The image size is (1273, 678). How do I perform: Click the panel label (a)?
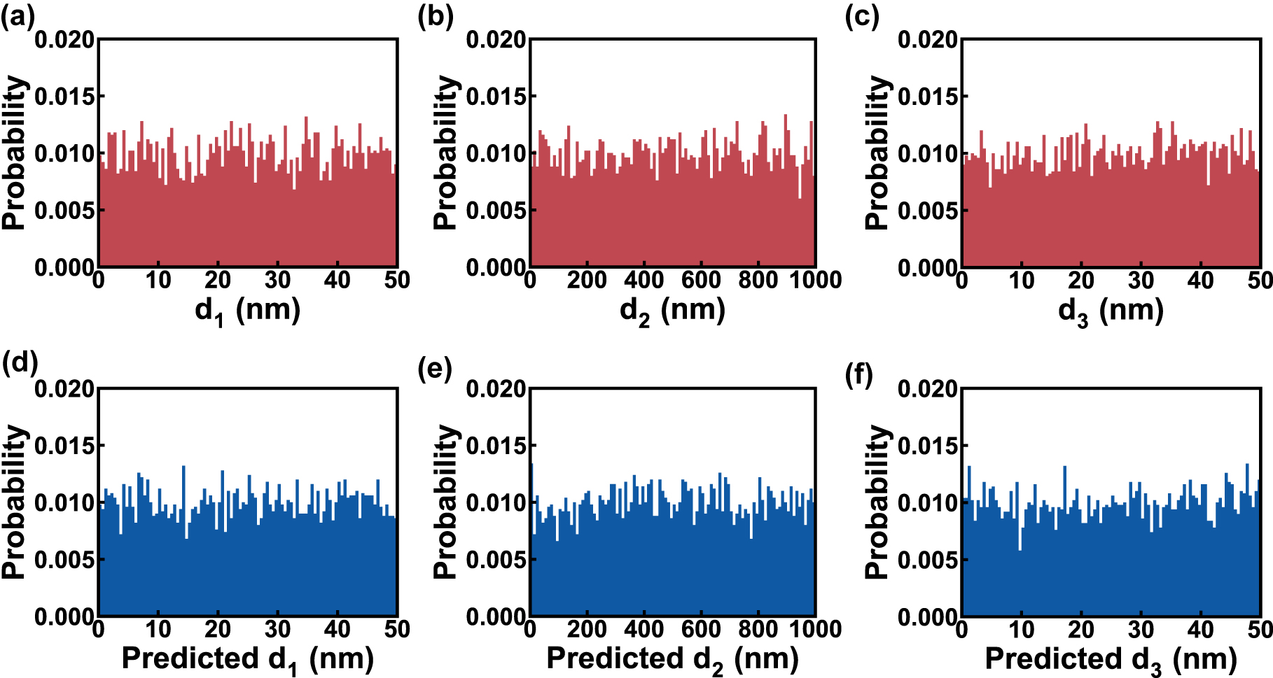(18, 16)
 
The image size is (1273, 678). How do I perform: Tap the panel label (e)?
(435, 367)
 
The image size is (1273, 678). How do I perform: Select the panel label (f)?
(858, 376)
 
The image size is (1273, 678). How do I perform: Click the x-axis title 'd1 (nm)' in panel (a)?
(248, 310)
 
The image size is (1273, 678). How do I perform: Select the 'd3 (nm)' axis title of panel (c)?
(1111, 310)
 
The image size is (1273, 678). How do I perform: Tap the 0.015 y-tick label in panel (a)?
(64, 97)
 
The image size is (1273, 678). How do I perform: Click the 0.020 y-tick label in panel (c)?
(928, 40)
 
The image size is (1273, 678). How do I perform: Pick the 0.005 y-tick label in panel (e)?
(496, 560)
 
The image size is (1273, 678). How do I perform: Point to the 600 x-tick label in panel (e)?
(700, 630)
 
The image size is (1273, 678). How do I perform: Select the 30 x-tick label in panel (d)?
(277, 630)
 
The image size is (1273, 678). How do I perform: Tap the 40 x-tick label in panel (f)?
(1200, 630)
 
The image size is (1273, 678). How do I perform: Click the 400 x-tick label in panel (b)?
(644, 281)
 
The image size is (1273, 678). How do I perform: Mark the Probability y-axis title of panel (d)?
(14, 502)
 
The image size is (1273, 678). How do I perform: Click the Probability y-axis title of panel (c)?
(877, 153)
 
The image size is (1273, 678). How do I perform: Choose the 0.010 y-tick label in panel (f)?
(928, 503)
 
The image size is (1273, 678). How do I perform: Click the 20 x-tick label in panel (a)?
(218, 281)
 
